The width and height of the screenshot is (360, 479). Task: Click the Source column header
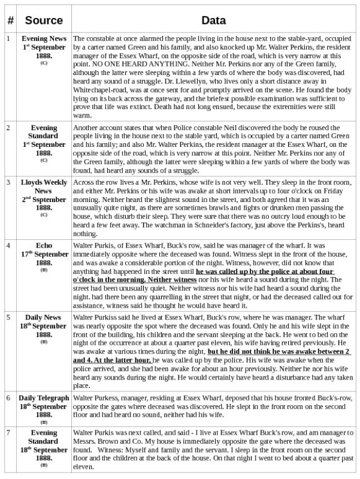point(44,20)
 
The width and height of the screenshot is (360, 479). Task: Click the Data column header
point(214,20)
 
